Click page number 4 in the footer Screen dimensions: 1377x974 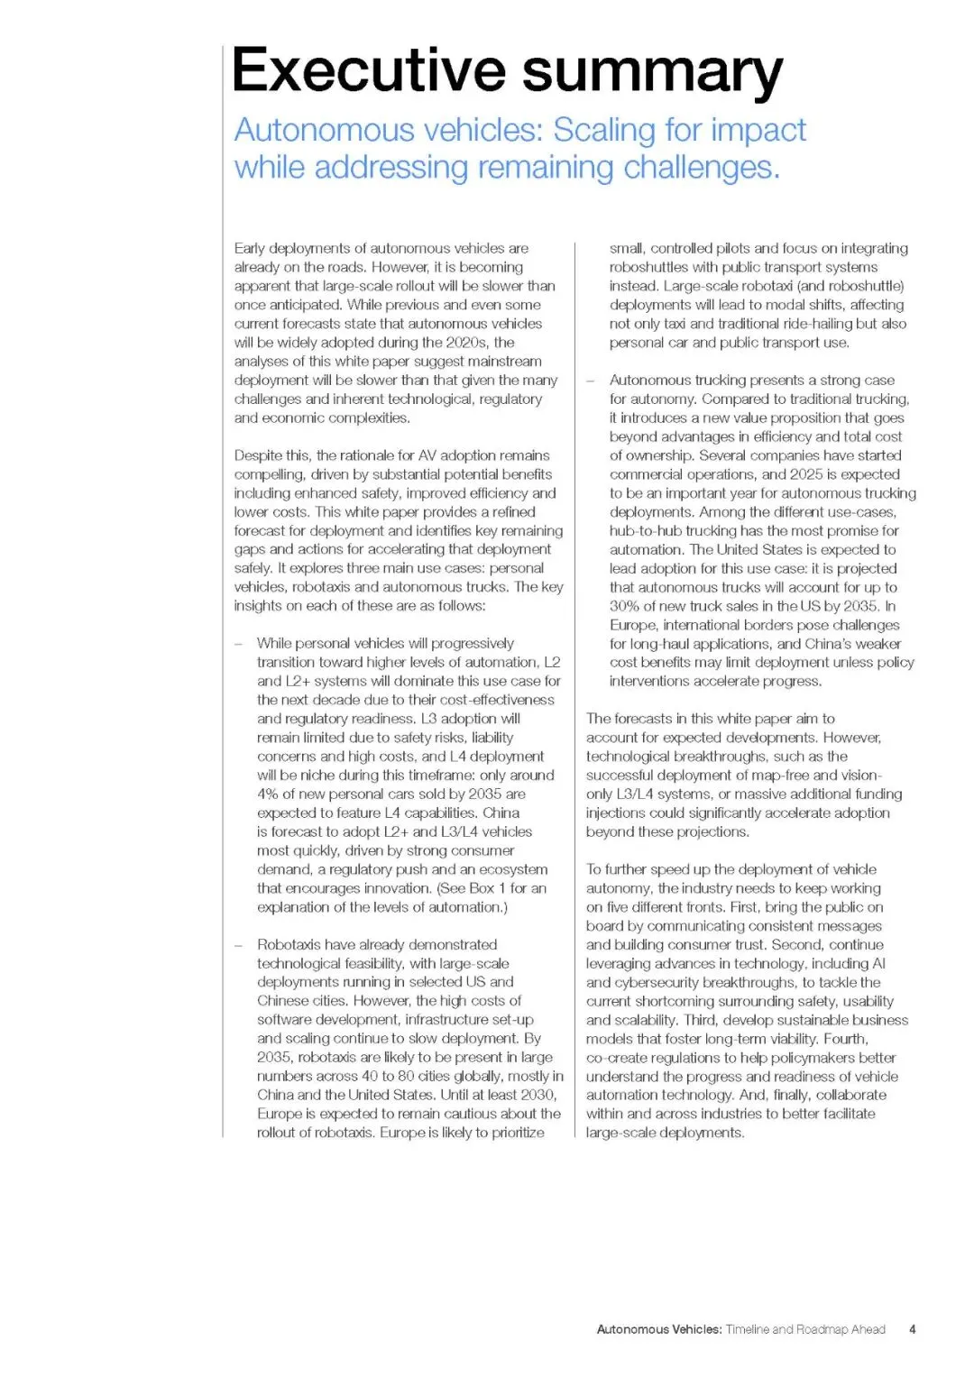pyautogui.click(x=913, y=1329)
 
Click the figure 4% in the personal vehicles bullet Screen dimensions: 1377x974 pyautogui.click(x=268, y=794)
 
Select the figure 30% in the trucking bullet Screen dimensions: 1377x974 pyautogui.click(x=624, y=606)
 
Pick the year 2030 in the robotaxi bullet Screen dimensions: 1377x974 pyautogui.click(x=538, y=1095)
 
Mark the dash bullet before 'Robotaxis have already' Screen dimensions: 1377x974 pyautogui.click(x=238, y=944)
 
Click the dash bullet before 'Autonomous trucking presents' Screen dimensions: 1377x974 pyautogui.click(x=591, y=381)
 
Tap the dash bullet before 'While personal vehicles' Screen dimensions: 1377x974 pyautogui.click(x=238, y=643)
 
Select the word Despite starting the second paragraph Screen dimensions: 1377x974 pyautogui.click(x=259, y=455)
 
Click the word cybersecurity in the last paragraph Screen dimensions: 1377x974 pyautogui.click(x=667, y=982)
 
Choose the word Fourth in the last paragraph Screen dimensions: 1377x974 pyautogui.click(x=845, y=1039)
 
